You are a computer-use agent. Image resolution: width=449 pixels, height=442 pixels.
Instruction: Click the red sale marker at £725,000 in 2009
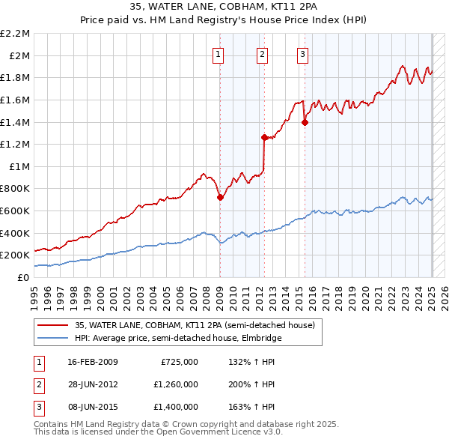[220, 197]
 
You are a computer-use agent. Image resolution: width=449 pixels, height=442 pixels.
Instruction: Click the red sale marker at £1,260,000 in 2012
[264, 137]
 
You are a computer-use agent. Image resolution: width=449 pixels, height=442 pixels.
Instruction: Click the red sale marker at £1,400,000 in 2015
[305, 122]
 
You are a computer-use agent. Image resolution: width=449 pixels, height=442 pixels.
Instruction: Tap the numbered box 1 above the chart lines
[218, 53]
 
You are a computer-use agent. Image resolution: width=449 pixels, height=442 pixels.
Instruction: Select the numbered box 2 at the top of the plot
[263, 53]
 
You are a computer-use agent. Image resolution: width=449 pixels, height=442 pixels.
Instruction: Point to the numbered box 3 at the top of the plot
[302, 53]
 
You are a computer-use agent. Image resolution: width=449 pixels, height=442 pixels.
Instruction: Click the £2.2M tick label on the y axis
[15, 34]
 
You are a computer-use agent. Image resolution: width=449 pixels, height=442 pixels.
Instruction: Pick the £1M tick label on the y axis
[19, 166]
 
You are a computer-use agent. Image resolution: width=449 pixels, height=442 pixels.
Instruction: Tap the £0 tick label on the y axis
[23, 277]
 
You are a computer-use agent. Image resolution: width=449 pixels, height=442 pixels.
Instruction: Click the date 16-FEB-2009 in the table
[93, 363]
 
